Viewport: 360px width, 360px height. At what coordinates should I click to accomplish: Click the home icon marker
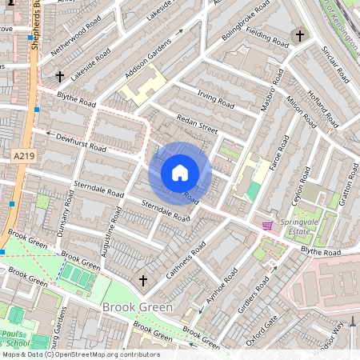tap(180, 172)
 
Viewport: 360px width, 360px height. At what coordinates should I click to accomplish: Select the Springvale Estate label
tap(292, 230)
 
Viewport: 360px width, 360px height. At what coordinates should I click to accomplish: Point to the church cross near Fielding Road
tap(300, 36)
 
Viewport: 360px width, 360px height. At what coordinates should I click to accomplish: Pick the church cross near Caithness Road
tap(143, 280)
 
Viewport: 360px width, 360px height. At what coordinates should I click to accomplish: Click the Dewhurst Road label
tap(81, 142)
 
